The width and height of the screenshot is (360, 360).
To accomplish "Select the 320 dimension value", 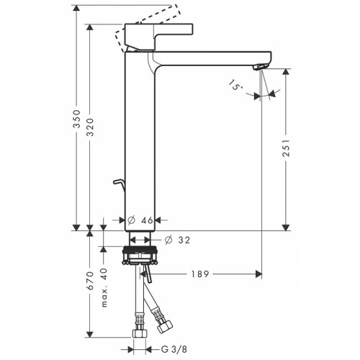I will click(89, 129).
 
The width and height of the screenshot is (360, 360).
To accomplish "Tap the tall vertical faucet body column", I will click(141, 144).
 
